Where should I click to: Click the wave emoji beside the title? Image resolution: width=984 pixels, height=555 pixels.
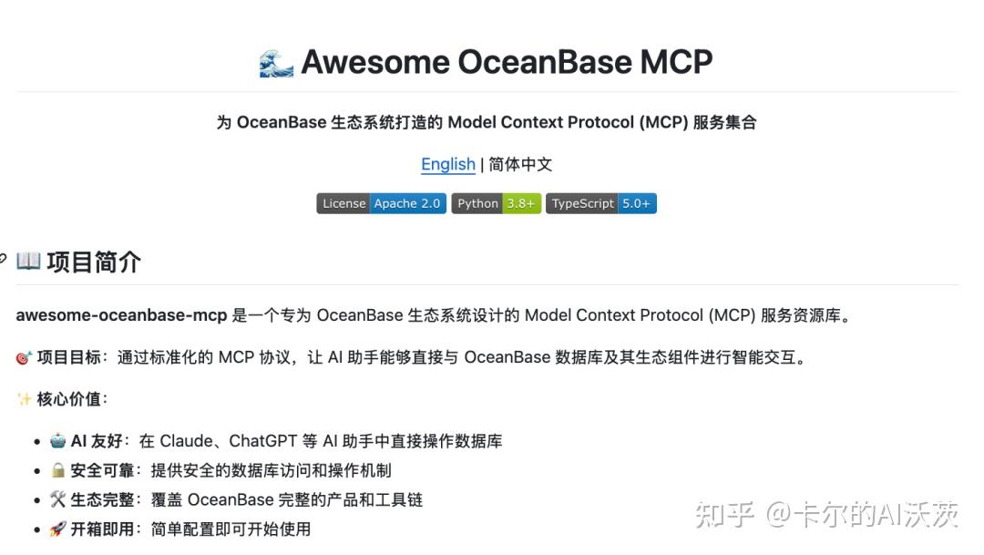click(x=276, y=64)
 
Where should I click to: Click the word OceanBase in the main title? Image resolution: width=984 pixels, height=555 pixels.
click(x=545, y=62)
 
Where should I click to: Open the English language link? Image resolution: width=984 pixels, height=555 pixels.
click(x=448, y=164)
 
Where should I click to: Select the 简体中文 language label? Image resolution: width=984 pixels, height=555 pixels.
click(x=520, y=164)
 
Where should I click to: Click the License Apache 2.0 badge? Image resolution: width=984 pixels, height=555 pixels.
click(x=382, y=203)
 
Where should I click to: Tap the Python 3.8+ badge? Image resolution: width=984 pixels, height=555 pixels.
click(x=497, y=203)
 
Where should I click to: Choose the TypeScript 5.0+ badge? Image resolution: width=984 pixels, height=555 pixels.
click(x=601, y=203)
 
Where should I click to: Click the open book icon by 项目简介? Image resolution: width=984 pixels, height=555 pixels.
click(x=28, y=261)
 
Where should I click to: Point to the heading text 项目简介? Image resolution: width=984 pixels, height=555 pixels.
click(x=94, y=262)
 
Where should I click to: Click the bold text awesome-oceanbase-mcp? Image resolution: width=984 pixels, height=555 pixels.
click(x=121, y=315)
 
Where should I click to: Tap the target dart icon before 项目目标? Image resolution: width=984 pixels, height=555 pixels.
click(x=24, y=358)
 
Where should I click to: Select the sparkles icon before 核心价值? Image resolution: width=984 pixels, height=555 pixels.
click(x=24, y=399)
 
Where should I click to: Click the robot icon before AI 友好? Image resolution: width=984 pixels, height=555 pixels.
click(x=57, y=441)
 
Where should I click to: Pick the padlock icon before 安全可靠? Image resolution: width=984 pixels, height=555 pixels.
click(x=57, y=470)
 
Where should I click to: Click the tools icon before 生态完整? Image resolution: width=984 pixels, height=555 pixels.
click(x=57, y=499)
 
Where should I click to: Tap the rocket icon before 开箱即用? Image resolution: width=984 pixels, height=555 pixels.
click(x=57, y=529)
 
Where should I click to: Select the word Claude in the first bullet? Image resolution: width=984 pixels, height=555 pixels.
click(x=187, y=441)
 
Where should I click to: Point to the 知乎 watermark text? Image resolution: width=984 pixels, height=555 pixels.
click(x=724, y=515)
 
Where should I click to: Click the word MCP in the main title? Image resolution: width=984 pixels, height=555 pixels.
click(x=676, y=62)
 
